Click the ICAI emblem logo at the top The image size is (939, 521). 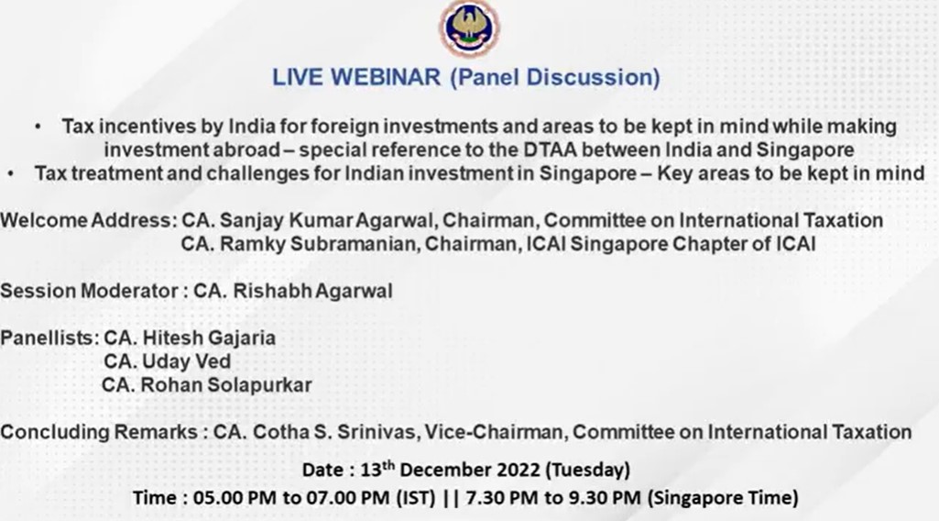pos(469,28)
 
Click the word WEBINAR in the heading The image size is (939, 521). pos(387,77)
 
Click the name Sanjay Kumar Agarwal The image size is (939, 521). pos(326,221)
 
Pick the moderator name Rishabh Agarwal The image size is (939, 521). pos(312,291)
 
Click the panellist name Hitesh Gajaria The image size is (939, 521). pos(209,338)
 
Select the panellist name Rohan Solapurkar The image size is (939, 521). pos(225,385)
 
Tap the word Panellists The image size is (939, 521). pos(49,338)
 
